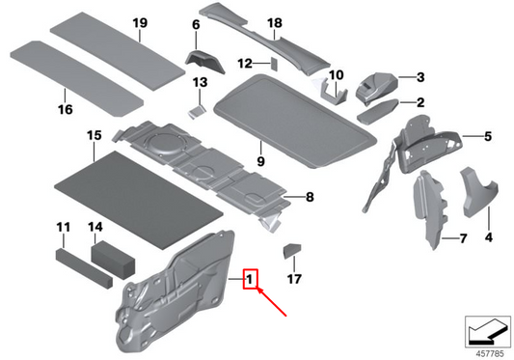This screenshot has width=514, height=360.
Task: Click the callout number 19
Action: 140,22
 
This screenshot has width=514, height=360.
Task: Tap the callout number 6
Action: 196,24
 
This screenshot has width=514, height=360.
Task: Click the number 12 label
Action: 245,63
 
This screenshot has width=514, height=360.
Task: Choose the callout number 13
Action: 199,84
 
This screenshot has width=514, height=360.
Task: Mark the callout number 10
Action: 336,73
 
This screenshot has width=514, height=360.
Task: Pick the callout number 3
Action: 420,76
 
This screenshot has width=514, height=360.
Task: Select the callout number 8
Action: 310,197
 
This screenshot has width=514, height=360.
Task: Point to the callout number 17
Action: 294,281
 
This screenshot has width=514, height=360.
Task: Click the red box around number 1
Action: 250,281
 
